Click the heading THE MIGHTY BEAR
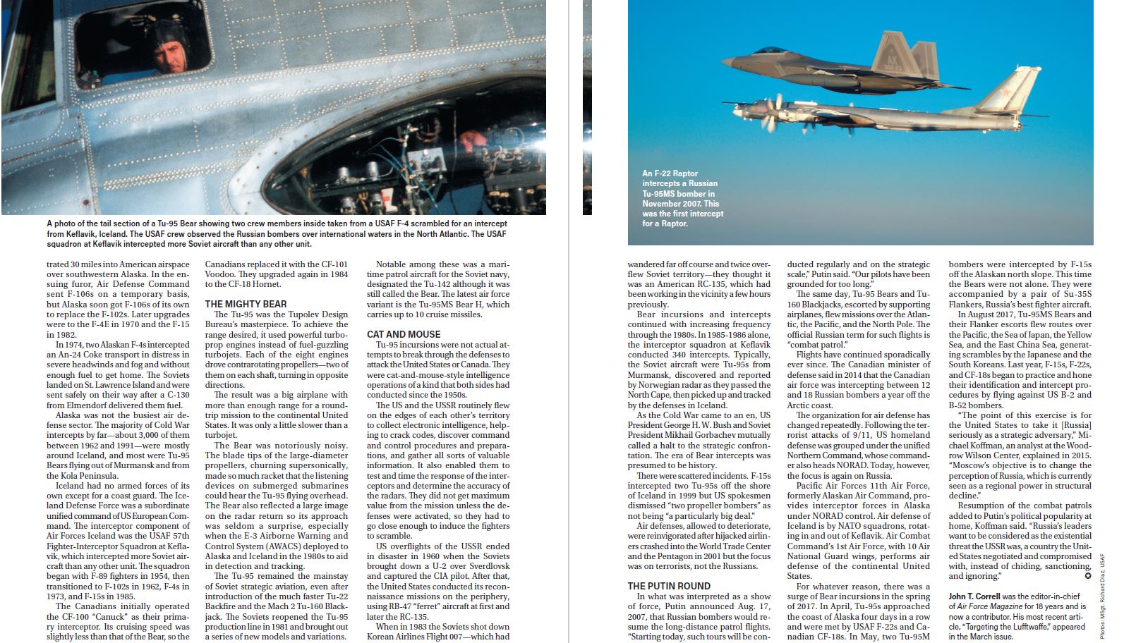(246, 304)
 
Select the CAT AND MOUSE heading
(404, 334)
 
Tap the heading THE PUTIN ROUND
(669, 586)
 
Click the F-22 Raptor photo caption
(682, 198)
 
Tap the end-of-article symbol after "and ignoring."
(1087, 576)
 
